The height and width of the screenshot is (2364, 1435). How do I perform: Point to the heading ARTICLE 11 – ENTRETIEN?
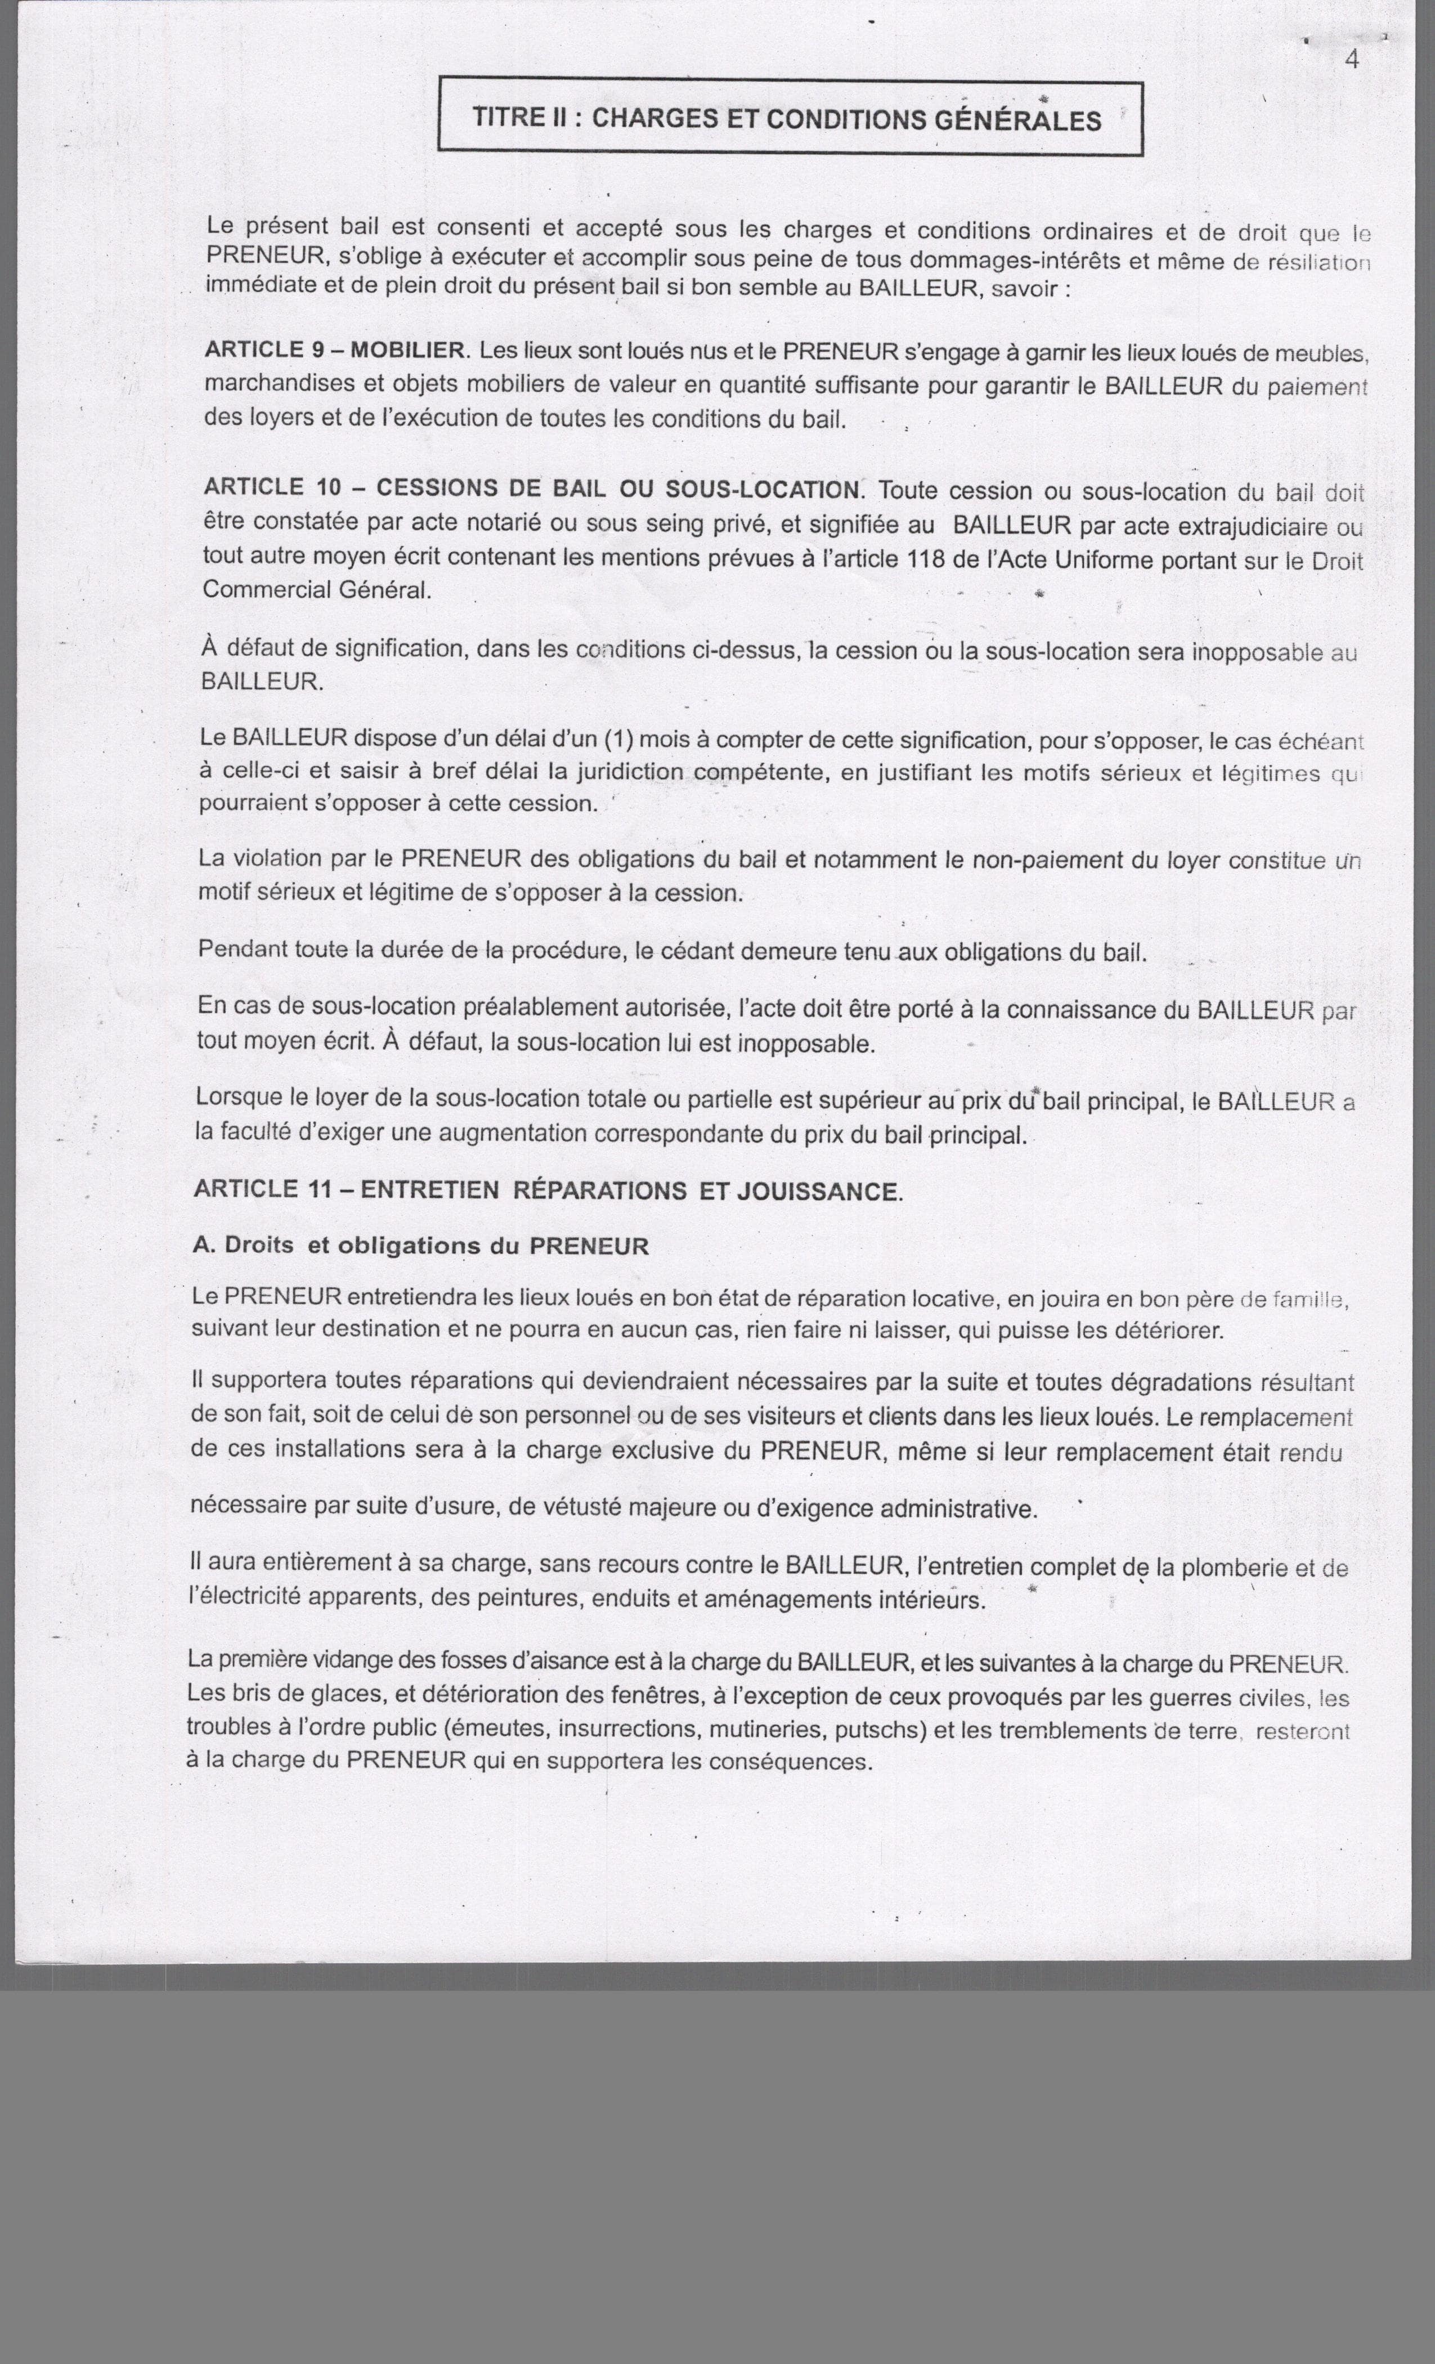(x=547, y=1190)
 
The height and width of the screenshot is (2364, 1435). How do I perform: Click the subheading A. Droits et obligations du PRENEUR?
(x=420, y=1246)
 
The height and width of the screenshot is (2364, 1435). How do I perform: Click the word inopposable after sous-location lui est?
(x=805, y=1044)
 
